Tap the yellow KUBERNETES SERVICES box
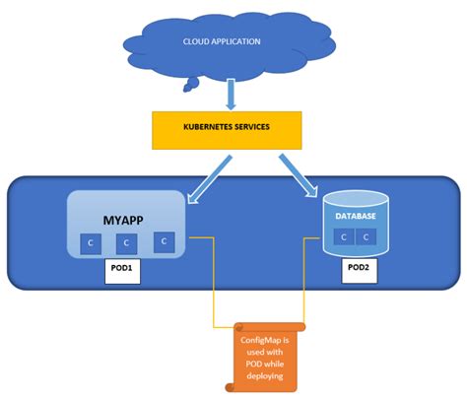tap(226, 129)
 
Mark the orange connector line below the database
tap(303, 296)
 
